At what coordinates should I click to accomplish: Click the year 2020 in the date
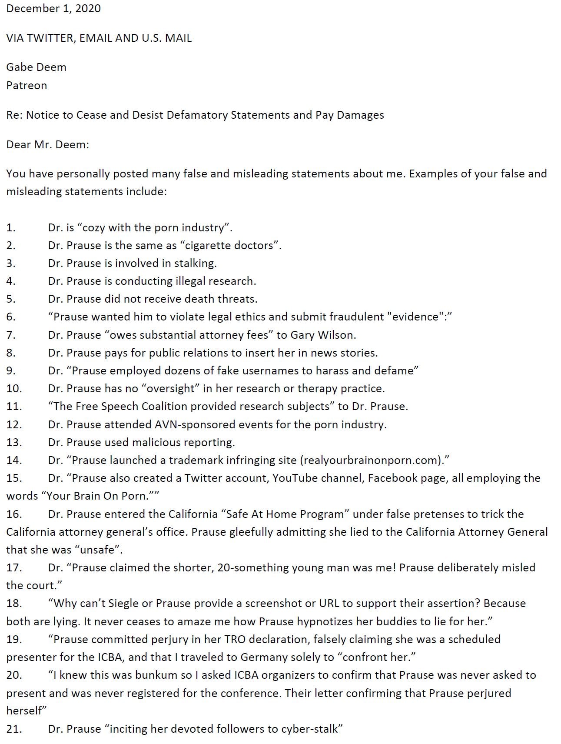88,9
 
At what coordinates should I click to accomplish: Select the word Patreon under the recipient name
27,85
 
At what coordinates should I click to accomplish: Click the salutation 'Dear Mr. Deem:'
47,144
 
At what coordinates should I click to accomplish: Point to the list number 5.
11,299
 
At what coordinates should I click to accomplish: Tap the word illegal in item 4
190,281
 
